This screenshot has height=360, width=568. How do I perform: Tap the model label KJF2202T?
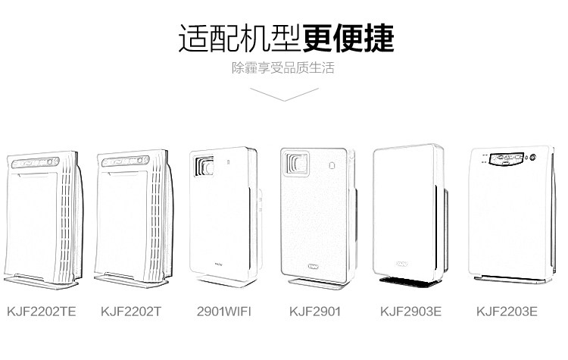(x=131, y=311)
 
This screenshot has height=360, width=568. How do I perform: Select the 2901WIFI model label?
(x=223, y=311)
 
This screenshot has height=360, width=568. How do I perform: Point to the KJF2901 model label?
(x=314, y=311)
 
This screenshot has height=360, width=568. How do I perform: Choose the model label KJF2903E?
(x=410, y=311)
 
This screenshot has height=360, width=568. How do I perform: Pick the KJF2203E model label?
(x=507, y=311)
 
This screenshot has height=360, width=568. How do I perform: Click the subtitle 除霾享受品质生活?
(x=282, y=67)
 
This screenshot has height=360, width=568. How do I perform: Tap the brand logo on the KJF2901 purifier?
(x=314, y=265)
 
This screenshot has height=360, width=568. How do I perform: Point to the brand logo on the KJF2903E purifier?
(x=402, y=263)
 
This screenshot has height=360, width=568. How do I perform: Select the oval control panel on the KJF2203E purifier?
(x=504, y=159)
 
